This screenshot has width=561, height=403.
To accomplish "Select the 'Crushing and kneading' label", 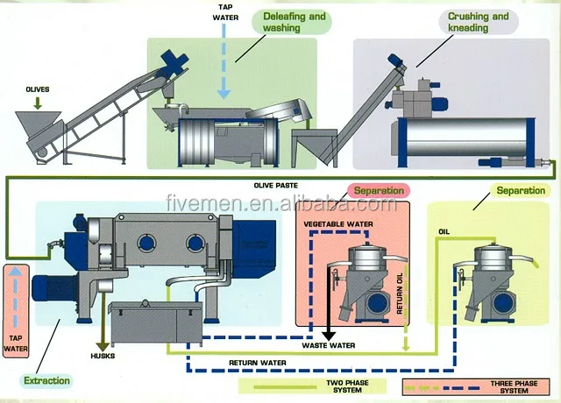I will pyautogui.click(x=479, y=22).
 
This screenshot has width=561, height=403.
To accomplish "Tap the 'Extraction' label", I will pyautogui.click(x=47, y=381).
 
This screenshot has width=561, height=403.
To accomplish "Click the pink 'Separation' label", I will pyautogui.click(x=379, y=190).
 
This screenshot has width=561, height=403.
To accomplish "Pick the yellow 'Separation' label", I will pyautogui.click(x=521, y=191).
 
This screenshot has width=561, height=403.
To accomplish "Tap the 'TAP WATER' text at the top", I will pyautogui.click(x=225, y=13).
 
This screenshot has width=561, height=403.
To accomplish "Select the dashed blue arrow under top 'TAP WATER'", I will pyautogui.click(x=225, y=61).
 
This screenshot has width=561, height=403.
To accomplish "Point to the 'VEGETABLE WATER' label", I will pyautogui.click(x=337, y=224).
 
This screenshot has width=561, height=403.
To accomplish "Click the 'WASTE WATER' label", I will pyautogui.click(x=330, y=345).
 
